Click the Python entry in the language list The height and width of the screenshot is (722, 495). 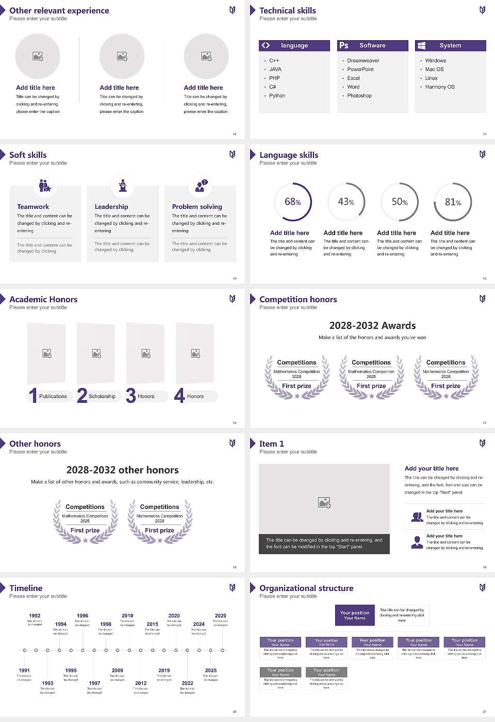pyautogui.click(x=277, y=96)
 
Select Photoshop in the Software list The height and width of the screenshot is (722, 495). pyautogui.click(x=359, y=96)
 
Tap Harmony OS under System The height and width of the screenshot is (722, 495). pyautogui.click(x=440, y=87)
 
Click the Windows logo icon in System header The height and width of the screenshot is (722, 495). pyautogui.click(x=421, y=45)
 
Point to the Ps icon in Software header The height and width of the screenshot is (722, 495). pyautogui.click(x=344, y=45)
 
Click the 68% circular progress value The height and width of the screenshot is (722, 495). pyautogui.click(x=293, y=202)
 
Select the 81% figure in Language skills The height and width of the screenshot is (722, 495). pyautogui.click(x=453, y=202)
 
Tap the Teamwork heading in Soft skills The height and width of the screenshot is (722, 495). pyautogui.click(x=33, y=207)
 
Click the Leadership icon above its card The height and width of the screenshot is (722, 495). pyautogui.click(x=123, y=186)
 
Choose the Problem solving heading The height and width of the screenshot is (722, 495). pyautogui.click(x=197, y=207)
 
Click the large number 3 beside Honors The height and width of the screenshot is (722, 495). pyautogui.click(x=130, y=396)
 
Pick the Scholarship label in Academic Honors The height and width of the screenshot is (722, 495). pyautogui.click(x=102, y=397)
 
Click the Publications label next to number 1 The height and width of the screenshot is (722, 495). pyautogui.click(x=53, y=397)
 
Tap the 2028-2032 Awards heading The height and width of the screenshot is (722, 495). pyautogui.click(x=372, y=326)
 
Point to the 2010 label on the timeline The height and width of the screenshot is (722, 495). pyautogui.click(x=127, y=616)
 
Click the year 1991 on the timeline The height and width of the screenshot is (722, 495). pyautogui.click(x=24, y=671)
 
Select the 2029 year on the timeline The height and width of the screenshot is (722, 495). pyautogui.click(x=221, y=616)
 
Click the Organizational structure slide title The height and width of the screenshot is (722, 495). pyautogui.click(x=306, y=588)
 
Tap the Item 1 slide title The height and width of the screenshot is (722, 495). pyautogui.click(x=271, y=444)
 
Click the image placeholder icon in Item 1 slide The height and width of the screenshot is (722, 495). pyautogui.click(x=324, y=502)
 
